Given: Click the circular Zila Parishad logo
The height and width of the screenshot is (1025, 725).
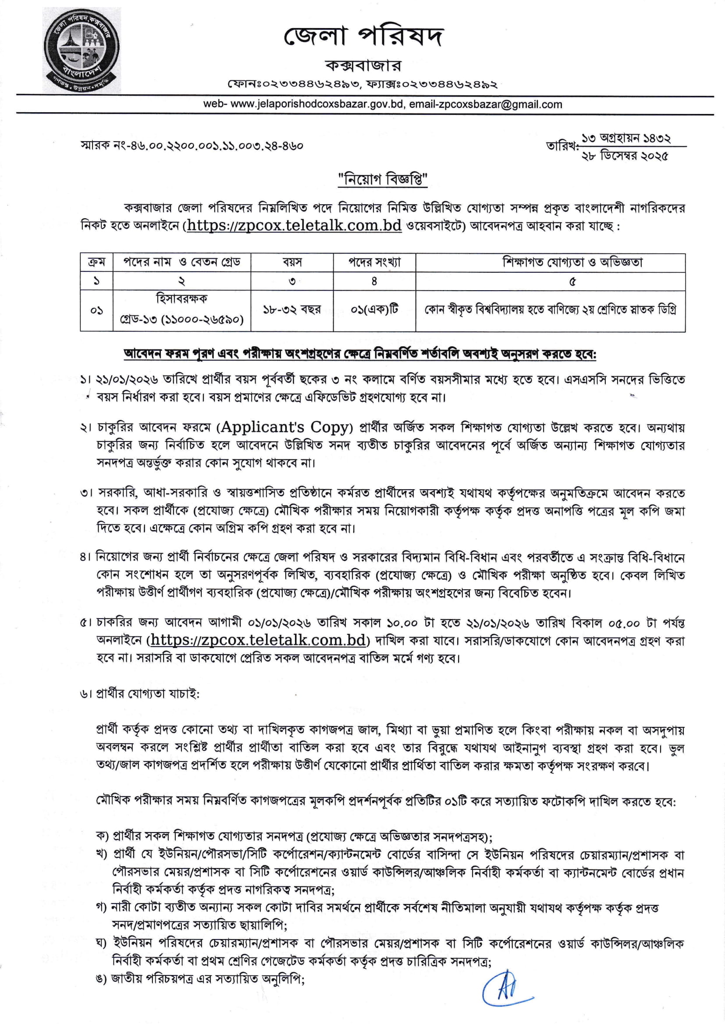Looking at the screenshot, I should pos(81,50).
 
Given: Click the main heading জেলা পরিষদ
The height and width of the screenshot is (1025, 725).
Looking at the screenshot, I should pos(363,37).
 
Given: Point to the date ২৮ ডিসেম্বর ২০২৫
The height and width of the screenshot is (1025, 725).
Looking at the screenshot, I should pos(625,156).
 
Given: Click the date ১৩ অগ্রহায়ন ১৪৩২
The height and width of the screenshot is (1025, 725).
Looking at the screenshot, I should pos(626,139).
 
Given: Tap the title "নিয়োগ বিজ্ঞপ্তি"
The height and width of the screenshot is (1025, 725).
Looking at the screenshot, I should pos(383,179).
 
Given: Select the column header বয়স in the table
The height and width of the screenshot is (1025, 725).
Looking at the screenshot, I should pos(292,263).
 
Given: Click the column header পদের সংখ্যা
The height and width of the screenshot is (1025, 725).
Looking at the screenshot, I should pos(374,263).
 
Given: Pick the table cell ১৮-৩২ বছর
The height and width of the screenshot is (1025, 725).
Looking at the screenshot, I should pos(292,310).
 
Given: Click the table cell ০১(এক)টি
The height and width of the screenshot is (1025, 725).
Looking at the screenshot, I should pos(374,310).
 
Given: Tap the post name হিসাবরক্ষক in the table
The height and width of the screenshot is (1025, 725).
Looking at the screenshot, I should pos(181,299).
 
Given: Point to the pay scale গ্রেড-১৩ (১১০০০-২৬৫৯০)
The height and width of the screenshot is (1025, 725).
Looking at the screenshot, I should pos(181,320).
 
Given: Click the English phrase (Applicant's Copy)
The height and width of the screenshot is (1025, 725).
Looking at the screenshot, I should pos(284,427).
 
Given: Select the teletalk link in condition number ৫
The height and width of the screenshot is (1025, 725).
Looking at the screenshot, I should pos(258,640).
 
